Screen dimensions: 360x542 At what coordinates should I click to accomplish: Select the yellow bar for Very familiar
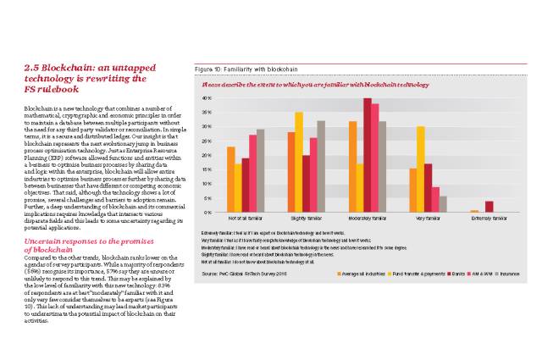click(420, 169)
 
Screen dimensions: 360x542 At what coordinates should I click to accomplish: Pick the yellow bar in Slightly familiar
click(298, 162)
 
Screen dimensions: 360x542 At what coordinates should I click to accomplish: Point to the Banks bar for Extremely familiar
click(489, 207)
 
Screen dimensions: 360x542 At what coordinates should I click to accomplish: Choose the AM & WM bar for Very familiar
click(435, 199)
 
